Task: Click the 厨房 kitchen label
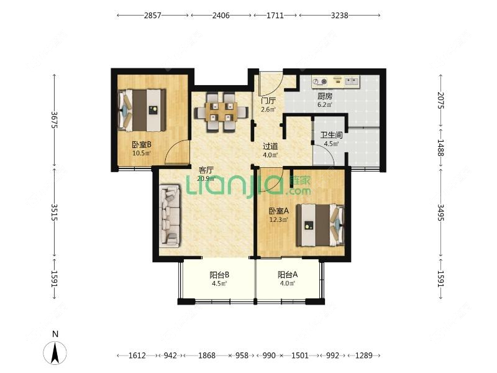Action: pyautogui.click(x=325, y=96)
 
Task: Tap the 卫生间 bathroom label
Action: pyautogui.click(x=331, y=135)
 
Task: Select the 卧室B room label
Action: pyautogui.click(x=142, y=145)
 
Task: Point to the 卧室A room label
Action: pyautogui.click(x=278, y=211)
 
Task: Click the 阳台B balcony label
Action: pyautogui.click(x=219, y=275)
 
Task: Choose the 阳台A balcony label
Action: pyautogui.click(x=288, y=275)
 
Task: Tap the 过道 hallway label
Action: pyautogui.click(x=270, y=147)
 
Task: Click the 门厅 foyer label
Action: pyautogui.click(x=268, y=101)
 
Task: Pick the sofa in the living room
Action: pyautogui.click(x=170, y=216)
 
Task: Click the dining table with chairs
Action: pyautogui.click(x=221, y=112)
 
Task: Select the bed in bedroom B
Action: pyautogui.click(x=142, y=110)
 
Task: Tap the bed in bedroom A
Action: pyautogui.click(x=321, y=225)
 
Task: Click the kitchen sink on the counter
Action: pyautogui.click(x=352, y=81)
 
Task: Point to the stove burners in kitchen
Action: pyautogui.click(x=320, y=82)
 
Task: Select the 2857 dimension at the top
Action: pyautogui.click(x=153, y=15)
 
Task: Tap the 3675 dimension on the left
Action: pyautogui.click(x=55, y=119)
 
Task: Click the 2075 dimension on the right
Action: pyautogui.click(x=440, y=100)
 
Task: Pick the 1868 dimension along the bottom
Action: pyautogui.click(x=207, y=356)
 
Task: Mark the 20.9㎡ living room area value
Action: pyautogui.click(x=206, y=178)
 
